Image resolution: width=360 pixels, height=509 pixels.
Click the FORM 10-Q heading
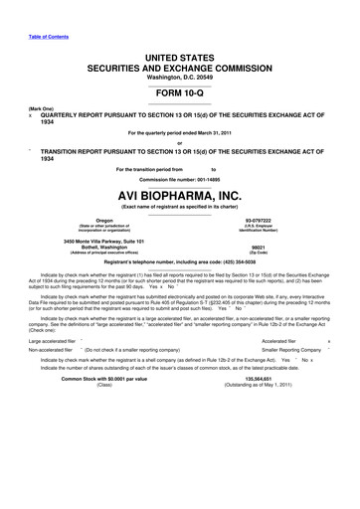[179, 90]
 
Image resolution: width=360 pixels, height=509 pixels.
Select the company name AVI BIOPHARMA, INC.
[179, 195]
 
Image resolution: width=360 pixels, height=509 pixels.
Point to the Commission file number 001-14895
[179, 179]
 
